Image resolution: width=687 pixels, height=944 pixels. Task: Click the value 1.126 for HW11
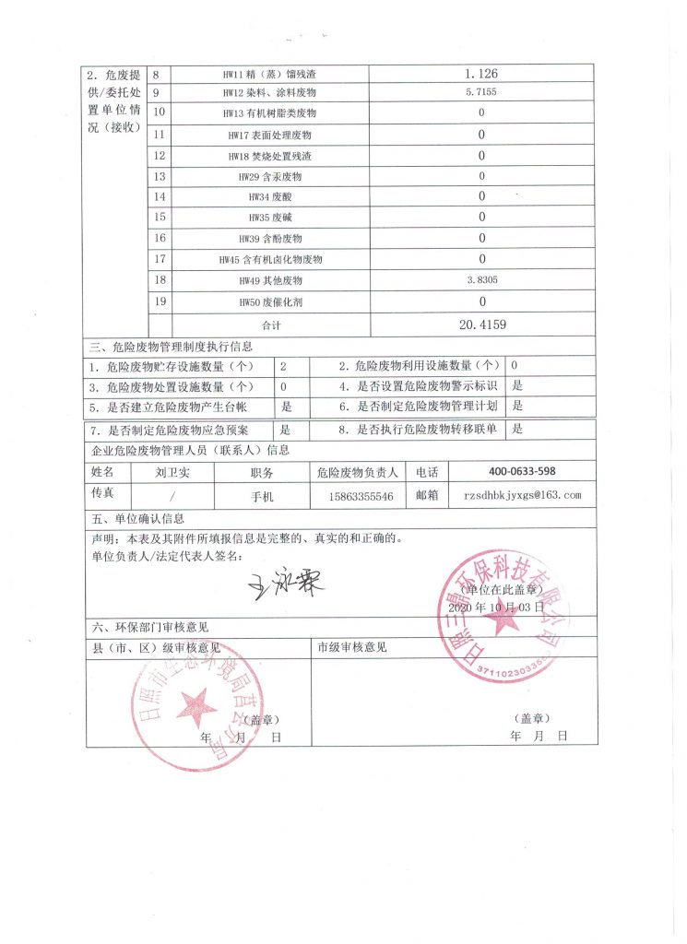point(480,73)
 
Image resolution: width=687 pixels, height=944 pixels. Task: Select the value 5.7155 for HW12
point(480,93)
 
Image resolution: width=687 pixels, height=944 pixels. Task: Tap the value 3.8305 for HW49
point(480,280)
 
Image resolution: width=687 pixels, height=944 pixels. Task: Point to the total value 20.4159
point(480,324)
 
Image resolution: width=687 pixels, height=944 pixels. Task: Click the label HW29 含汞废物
point(269,176)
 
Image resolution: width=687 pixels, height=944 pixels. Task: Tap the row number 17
point(160,259)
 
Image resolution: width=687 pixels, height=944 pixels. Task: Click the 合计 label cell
point(269,325)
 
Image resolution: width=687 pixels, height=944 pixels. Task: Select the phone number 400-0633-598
point(522,472)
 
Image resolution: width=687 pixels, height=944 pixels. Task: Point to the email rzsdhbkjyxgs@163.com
point(522,496)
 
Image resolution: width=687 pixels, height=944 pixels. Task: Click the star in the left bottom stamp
point(196,708)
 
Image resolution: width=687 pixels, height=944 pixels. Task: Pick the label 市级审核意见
point(352,647)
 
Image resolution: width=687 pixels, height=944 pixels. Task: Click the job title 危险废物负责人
point(357,472)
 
